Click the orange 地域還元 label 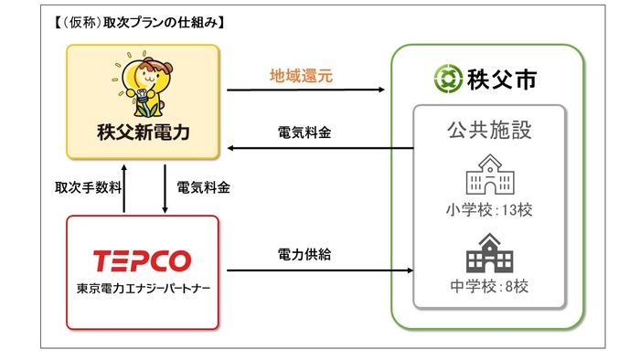point(302,77)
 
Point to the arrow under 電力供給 point(315,270)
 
